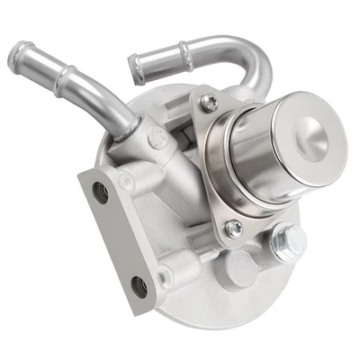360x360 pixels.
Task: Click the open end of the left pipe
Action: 20,60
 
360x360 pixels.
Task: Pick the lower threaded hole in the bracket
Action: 139,287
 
